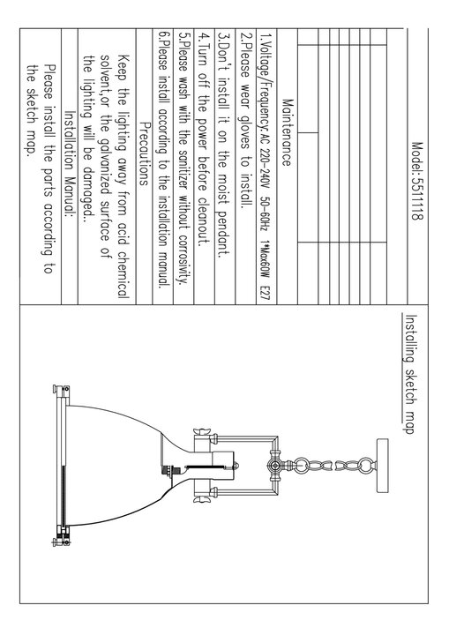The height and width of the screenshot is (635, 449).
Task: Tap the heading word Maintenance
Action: click(x=287, y=132)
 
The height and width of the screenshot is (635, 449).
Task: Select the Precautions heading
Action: click(x=144, y=154)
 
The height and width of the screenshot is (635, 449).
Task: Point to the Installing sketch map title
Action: click(x=411, y=374)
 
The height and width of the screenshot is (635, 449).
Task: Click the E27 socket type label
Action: click(x=266, y=294)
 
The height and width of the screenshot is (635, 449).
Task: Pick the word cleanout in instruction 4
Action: click(x=203, y=222)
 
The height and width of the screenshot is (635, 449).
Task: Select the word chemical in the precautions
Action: click(x=123, y=275)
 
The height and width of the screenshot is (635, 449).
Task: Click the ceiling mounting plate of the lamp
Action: click(x=382, y=466)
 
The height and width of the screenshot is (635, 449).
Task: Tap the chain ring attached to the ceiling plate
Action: click(x=365, y=466)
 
